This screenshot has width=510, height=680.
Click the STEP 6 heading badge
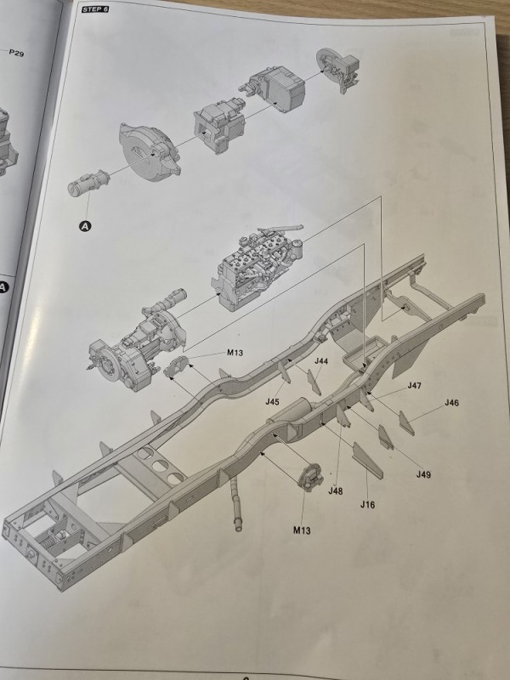pyautogui.click(x=94, y=9)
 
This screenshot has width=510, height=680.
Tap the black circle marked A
pyautogui.click(x=86, y=226)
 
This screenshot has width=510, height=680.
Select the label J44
pyautogui.click(x=321, y=360)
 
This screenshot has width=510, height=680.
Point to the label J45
pyautogui.click(x=272, y=401)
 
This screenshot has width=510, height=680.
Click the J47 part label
pyautogui.click(x=415, y=385)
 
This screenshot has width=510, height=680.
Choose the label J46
pyautogui.click(x=451, y=402)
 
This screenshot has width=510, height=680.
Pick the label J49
pyautogui.click(x=423, y=474)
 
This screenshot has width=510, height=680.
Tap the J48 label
pyautogui.click(x=335, y=491)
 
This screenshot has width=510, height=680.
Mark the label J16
pyautogui.click(x=367, y=504)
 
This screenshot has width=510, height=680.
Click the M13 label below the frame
pyautogui.click(x=302, y=530)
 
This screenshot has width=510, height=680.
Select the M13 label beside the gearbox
pyautogui.click(x=235, y=353)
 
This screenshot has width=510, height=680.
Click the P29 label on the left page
pyautogui.click(x=16, y=53)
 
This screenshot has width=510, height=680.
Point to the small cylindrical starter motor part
pyautogui.click(x=88, y=183)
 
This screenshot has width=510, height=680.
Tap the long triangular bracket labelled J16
pyautogui.click(x=367, y=460)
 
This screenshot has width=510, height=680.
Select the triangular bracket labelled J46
pyautogui.click(x=406, y=422)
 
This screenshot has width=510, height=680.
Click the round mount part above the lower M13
pyautogui.click(x=311, y=477)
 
